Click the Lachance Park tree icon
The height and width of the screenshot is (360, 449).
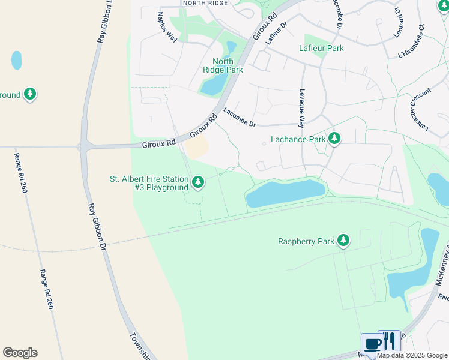[x=334, y=139]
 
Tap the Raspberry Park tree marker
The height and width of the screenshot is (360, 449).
[x=343, y=241]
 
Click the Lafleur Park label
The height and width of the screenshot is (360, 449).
[x=321, y=48]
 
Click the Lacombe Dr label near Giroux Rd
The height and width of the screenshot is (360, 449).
[x=240, y=117]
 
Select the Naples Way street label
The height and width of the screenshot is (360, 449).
[x=167, y=26]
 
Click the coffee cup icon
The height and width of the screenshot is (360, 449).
[x=372, y=344]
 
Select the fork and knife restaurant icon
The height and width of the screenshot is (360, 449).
[x=389, y=341]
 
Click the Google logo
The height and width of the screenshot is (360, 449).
[x=20, y=353]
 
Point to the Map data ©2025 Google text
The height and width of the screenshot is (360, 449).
[x=412, y=355]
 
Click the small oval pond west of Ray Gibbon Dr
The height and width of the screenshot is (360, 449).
[x=16, y=60]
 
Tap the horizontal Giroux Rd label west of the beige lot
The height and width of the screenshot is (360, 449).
[x=158, y=143]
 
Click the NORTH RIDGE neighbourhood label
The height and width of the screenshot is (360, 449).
[x=206, y=3]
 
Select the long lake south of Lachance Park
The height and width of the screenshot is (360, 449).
[x=285, y=193]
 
